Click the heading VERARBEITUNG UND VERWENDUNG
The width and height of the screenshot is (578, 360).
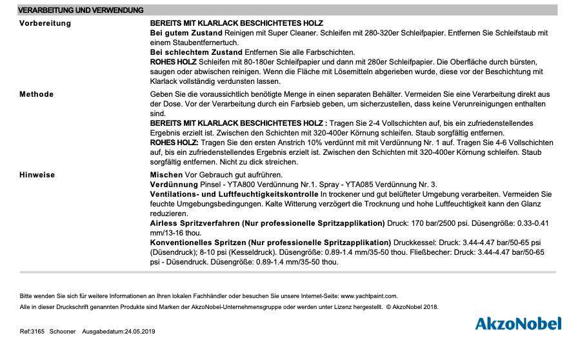[x=81, y=10]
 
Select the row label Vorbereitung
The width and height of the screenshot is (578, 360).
[x=45, y=23]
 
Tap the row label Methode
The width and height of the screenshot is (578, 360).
[x=37, y=94]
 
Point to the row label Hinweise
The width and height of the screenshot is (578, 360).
[x=37, y=175]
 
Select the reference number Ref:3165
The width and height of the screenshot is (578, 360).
[x=32, y=332]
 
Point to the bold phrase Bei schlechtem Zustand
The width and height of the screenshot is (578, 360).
[x=196, y=52]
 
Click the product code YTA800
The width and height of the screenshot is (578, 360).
[x=226, y=184]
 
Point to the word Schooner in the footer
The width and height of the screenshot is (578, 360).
[x=63, y=332]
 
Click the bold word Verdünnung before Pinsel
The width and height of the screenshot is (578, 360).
[x=174, y=184]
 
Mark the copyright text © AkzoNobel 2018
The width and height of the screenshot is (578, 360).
[x=412, y=307]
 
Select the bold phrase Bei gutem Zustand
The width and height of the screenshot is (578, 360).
[x=186, y=32]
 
